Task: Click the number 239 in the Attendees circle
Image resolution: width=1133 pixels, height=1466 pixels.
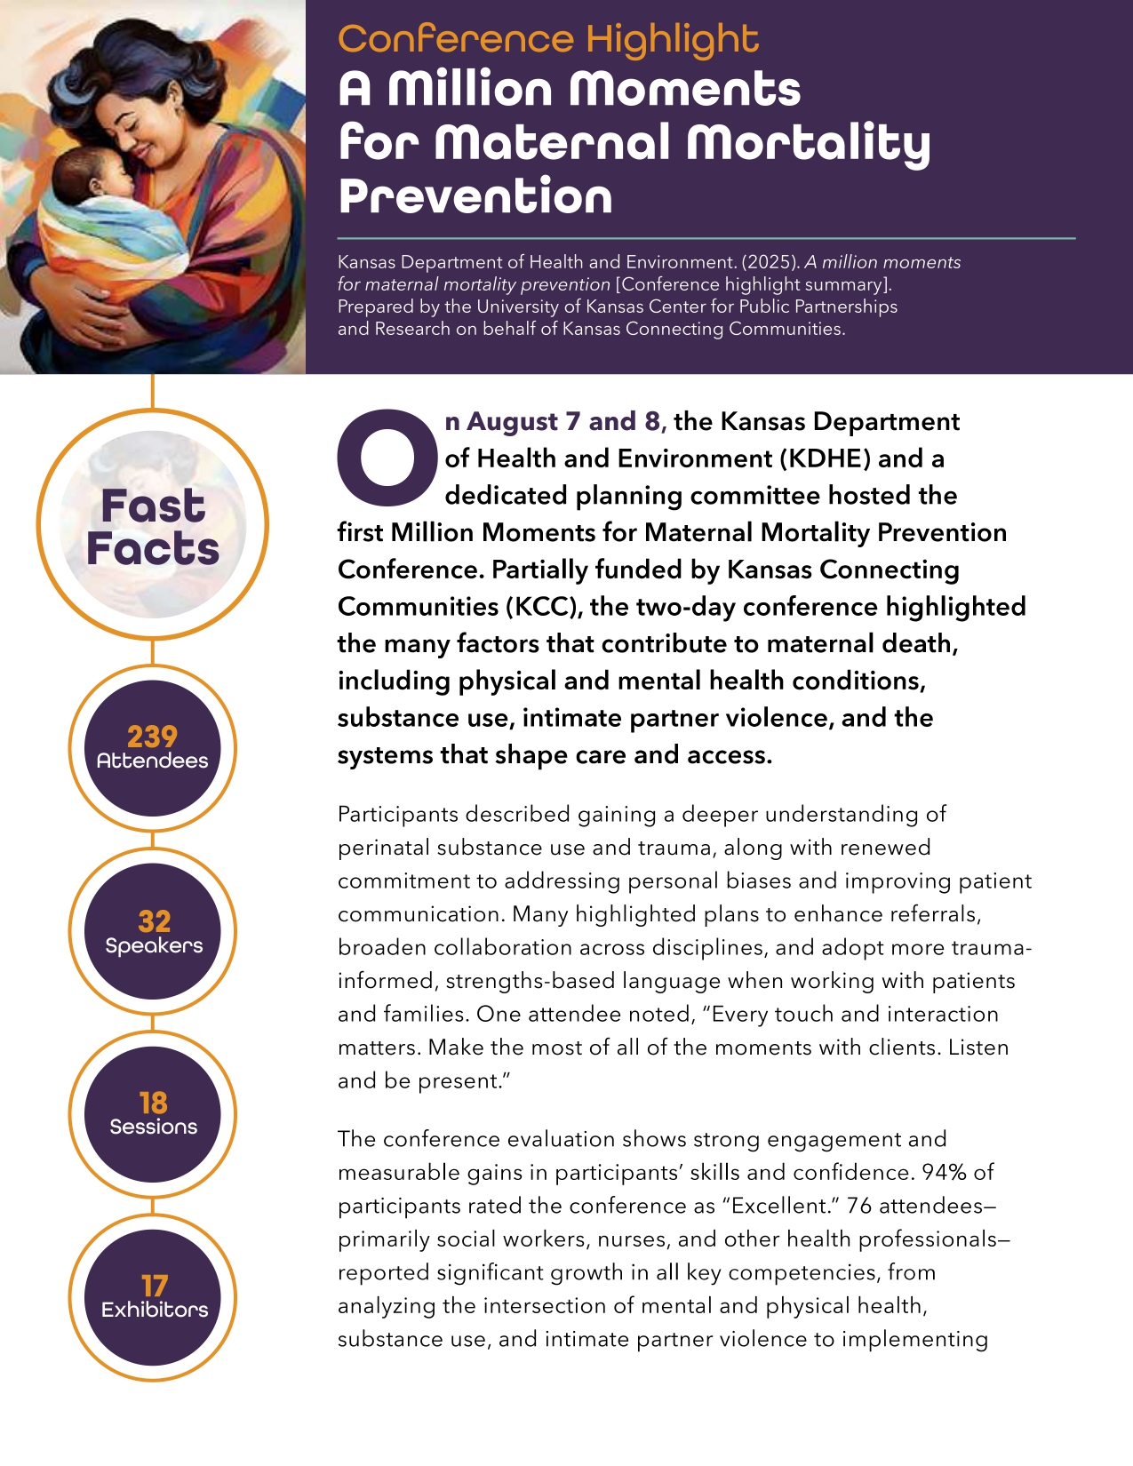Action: [152, 737]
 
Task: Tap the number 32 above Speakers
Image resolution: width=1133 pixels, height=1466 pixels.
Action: [154, 921]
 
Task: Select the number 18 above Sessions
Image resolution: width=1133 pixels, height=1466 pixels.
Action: [153, 1103]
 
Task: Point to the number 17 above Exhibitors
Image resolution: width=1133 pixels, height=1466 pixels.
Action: [154, 1286]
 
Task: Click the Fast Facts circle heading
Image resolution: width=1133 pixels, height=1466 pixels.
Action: [153, 527]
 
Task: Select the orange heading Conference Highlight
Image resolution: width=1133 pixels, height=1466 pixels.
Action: [548, 39]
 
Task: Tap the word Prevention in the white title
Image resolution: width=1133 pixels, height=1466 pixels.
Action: [475, 196]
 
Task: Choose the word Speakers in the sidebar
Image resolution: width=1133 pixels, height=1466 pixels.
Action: [154, 945]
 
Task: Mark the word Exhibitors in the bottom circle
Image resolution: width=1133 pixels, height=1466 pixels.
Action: [155, 1310]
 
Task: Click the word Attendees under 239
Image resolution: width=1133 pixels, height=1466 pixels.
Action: [152, 761]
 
